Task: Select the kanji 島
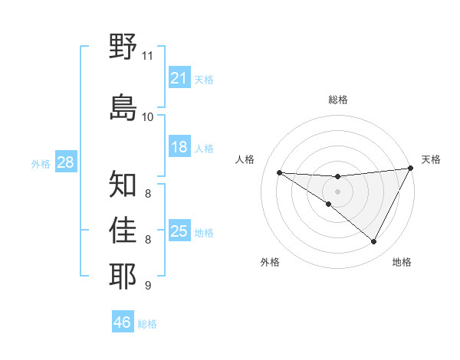tap(123, 107)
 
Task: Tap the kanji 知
tap(123, 185)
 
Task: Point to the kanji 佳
tap(123, 231)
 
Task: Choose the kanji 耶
tap(123, 276)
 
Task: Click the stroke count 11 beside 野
tap(147, 56)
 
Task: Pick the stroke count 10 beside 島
tap(147, 116)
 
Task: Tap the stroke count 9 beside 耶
tap(147, 286)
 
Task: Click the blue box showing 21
tap(179, 78)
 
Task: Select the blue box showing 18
tap(179, 147)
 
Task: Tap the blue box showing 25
tap(179, 231)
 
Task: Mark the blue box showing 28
tap(65, 162)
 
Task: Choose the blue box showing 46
tap(123, 322)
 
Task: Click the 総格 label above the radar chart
tap(338, 100)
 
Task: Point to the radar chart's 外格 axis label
tap(270, 262)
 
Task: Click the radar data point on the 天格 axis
tap(411, 169)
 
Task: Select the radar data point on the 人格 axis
tap(279, 172)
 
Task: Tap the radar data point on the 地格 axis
tap(374, 242)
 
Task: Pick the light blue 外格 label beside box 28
tap(41, 163)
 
